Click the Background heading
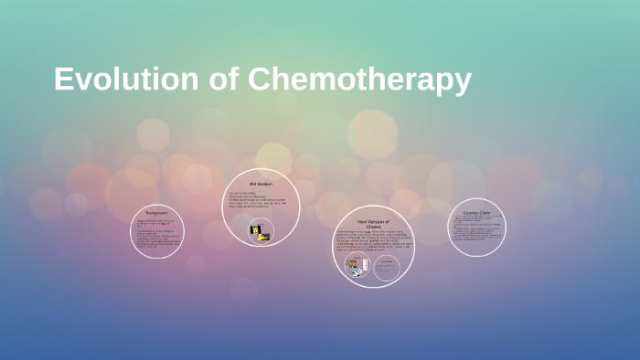[x=156, y=213]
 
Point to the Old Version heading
[x=261, y=184]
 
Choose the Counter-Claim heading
[x=477, y=211]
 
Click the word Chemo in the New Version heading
[x=373, y=228]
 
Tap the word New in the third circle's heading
[x=363, y=221]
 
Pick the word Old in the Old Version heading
[x=253, y=184]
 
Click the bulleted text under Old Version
[x=261, y=202]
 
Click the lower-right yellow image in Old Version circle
[x=264, y=237]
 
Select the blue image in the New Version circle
[x=353, y=270]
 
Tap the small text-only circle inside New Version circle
[x=387, y=266]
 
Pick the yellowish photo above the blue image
[x=352, y=261]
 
